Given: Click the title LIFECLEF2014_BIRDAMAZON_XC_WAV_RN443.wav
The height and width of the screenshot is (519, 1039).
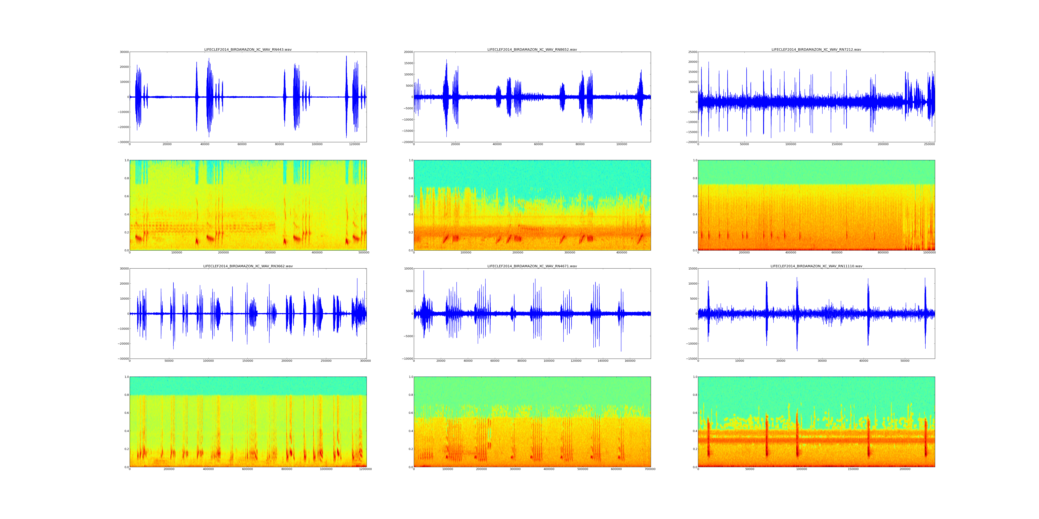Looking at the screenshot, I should [248, 49].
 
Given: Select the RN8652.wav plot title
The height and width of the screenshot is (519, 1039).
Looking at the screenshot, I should [532, 49].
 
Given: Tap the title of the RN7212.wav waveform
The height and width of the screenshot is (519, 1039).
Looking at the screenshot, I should [816, 49].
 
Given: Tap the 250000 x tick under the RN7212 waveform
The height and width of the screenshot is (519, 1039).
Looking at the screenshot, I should [929, 144].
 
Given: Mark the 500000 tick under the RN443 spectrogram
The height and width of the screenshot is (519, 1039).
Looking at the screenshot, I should [364, 253].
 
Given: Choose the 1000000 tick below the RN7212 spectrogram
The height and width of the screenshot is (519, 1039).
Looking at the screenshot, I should [929, 253].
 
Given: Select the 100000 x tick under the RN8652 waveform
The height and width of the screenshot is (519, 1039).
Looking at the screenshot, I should [621, 144].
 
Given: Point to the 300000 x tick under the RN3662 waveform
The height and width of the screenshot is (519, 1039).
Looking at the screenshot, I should [365, 361].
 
